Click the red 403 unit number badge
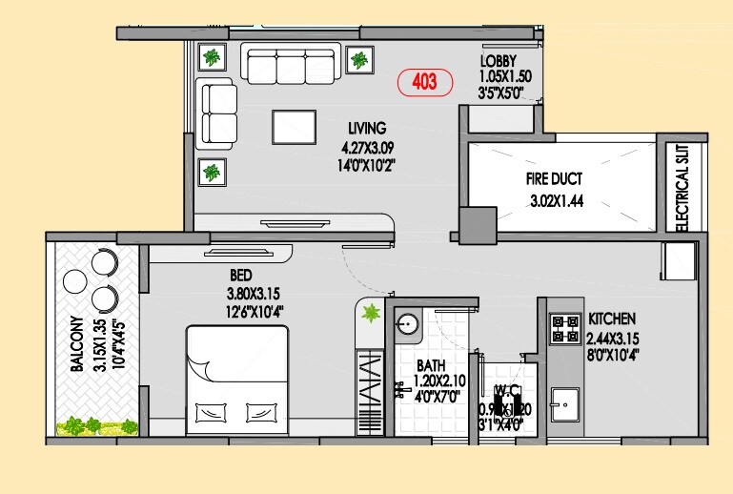pos(424,83)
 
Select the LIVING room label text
pos(366,128)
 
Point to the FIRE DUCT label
pos(554,178)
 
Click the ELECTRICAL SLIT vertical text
pos(682,187)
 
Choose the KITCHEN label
pos(611,319)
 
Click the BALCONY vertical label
pos(75,343)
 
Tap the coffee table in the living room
pos(294,128)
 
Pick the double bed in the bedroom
pos(234,378)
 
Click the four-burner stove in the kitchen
pos(565,328)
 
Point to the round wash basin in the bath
pos(407,324)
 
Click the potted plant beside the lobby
pos(360,62)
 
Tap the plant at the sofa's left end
pos(211,58)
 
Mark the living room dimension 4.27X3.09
pos(367,147)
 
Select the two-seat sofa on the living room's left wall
pos(218,113)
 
